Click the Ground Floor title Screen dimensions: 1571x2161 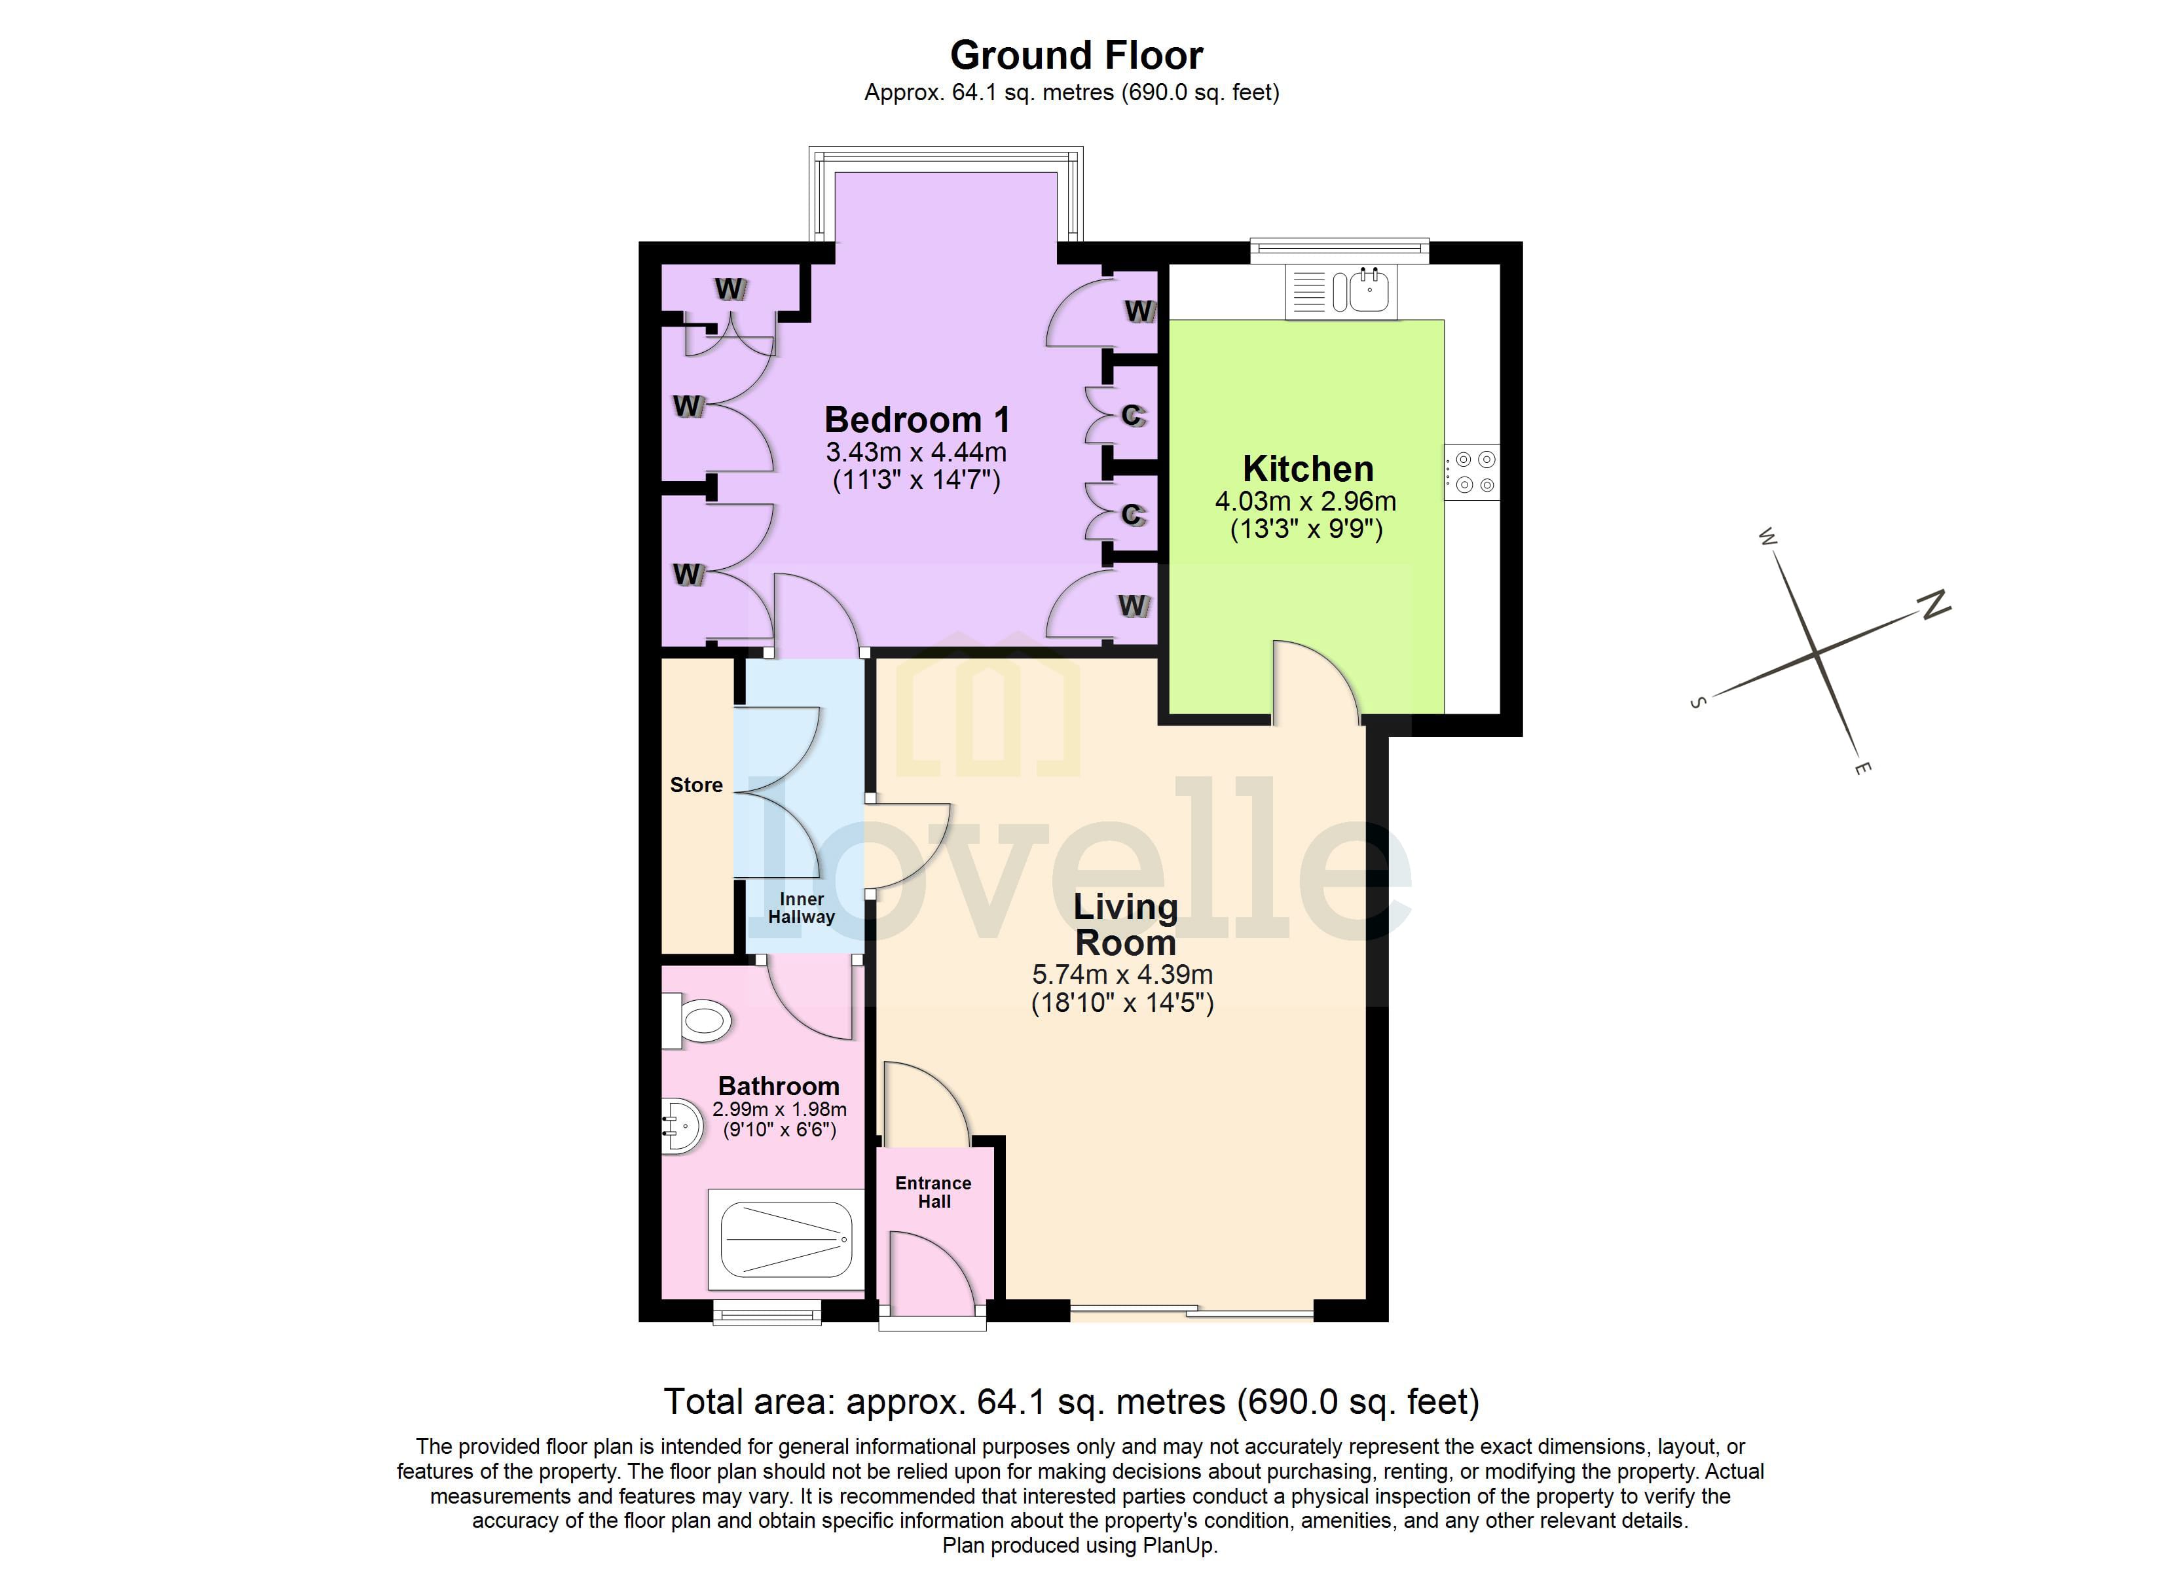pyautogui.click(x=1077, y=55)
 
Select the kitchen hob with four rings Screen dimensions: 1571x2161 pyautogui.click(x=1473, y=473)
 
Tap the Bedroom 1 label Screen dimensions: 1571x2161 pyautogui.click(x=917, y=420)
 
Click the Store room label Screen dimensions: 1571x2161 pyautogui.click(x=697, y=785)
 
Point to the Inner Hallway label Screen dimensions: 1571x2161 pyautogui.click(x=802, y=908)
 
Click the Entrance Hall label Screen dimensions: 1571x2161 pyautogui.click(x=934, y=1192)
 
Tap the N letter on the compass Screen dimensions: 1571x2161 pyautogui.click(x=1934, y=604)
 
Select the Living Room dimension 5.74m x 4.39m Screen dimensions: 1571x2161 pyautogui.click(x=1122, y=975)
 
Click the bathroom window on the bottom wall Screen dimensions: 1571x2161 pyautogui.click(x=767, y=1314)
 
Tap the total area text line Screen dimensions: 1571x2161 pyautogui.click(x=1071, y=1401)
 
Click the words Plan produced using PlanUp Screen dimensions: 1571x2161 pyautogui.click(x=1080, y=1545)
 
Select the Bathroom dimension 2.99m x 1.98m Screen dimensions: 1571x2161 pyautogui.click(x=779, y=1110)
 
